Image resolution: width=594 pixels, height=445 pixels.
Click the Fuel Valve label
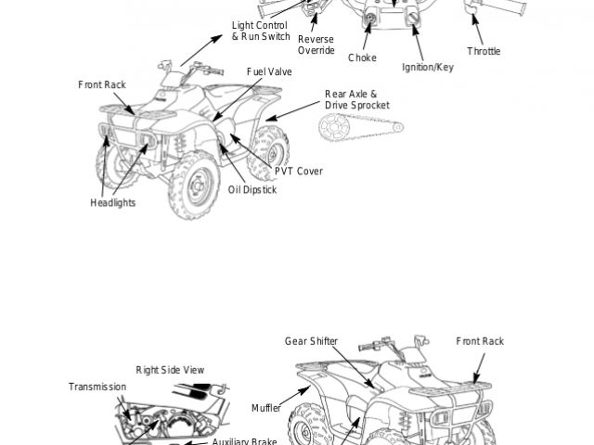269,71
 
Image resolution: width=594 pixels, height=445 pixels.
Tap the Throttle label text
484,51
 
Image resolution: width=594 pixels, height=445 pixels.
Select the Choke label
362,57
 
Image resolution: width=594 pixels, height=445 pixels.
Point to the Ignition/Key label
428,68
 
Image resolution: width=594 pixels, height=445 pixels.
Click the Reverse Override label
316,44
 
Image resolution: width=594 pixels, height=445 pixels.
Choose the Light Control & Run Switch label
260,31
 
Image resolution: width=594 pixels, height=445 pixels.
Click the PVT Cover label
299,172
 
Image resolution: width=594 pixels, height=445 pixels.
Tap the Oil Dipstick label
252,189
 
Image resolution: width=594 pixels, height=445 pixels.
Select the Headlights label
112,202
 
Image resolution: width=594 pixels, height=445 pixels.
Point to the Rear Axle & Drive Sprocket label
351,100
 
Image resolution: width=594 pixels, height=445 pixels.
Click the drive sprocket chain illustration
352,128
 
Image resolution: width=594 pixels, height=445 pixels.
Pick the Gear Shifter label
311,341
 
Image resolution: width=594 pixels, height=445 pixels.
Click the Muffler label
265,408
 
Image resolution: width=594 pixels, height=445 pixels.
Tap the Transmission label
97,387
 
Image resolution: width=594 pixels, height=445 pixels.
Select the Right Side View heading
170,370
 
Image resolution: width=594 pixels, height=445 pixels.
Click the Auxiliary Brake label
238,442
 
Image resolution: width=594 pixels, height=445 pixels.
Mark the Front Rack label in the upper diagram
102,85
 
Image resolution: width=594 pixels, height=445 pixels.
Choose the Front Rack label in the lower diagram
480,341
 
